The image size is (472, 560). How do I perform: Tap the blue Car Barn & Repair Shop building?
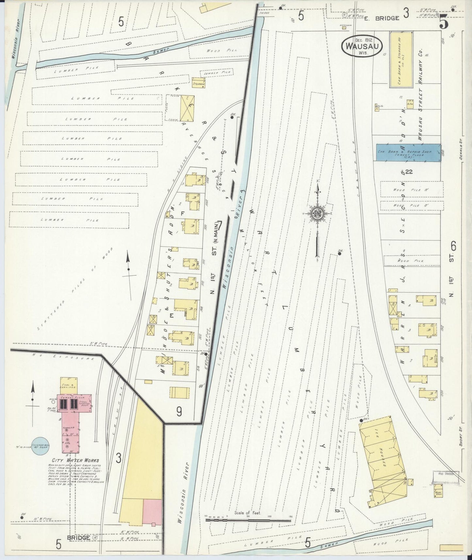click(x=408, y=152)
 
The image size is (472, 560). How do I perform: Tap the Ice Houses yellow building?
click(x=383, y=457)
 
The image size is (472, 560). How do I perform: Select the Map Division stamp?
click(x=446, y=474)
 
